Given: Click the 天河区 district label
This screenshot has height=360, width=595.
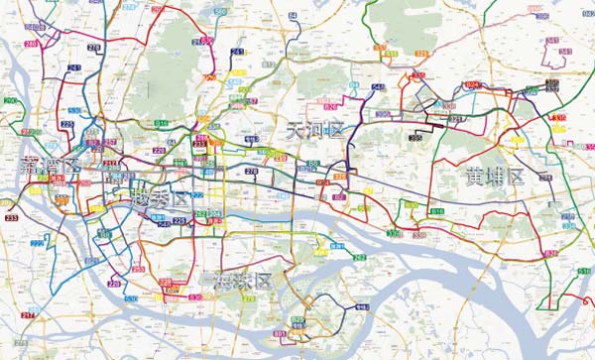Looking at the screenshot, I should pyautogui.click(x=313, y=129).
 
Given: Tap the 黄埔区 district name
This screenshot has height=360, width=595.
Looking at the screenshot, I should pyautogui.click(x=495, y=179).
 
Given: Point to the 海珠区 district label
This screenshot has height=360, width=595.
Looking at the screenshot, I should pyautogui.click(x=243, y=282).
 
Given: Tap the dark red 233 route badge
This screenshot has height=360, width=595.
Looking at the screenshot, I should pyautogui.click(x=12, y=217).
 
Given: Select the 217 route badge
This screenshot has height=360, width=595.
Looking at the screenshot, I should pyautogui.click(x=27, y=315).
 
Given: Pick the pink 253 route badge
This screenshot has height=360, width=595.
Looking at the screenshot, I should pyautogui.click(x=138, y=269).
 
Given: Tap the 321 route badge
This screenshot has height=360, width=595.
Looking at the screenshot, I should pyautogui.click(x=455, y=120).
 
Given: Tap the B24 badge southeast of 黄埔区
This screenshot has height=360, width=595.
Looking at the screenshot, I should pyautogui.click(x=549, y=255).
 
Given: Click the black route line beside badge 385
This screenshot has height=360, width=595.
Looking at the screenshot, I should pyautogui.click(x=397, y=126).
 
